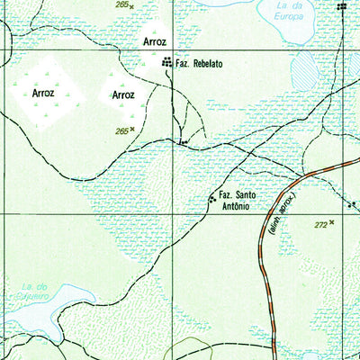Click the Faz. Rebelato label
point(199,64)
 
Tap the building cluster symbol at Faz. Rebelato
point(166,63)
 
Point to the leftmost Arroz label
point(44,92)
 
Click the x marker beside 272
point(332,221)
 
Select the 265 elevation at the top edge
point(121,4)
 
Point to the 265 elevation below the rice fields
point(121,130)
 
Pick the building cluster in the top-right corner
point(341,6)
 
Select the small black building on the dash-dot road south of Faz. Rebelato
point(183,141)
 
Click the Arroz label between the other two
point(123,94)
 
